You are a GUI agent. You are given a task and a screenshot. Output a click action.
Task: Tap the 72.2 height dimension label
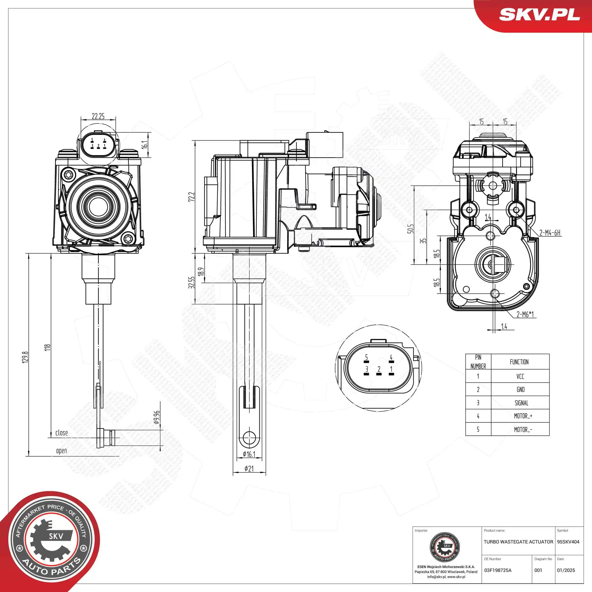tap(192, 197)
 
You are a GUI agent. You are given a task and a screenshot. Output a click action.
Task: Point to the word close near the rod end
tap(62, 433)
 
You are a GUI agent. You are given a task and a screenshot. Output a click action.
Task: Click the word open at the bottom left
tap(62, 451)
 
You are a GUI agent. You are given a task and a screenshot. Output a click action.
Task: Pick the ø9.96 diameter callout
tap(157, 417)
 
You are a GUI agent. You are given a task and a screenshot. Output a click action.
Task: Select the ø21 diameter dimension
tap(249, 469)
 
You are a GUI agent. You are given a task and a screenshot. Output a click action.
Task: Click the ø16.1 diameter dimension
tap(249, 454)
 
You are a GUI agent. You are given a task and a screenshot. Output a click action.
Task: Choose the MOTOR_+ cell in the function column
tap(523, 416)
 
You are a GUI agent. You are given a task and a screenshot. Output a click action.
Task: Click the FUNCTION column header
tap(519, 362)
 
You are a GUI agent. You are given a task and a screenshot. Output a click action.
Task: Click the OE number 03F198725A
tap(498, 570)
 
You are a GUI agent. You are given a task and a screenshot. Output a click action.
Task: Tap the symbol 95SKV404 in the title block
tap(568, 542)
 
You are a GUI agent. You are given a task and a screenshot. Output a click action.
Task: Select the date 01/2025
tap(566, 570)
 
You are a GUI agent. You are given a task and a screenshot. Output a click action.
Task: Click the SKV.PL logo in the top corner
tap(539, 15)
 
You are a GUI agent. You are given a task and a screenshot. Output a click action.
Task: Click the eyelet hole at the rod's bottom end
tap(249, 437)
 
